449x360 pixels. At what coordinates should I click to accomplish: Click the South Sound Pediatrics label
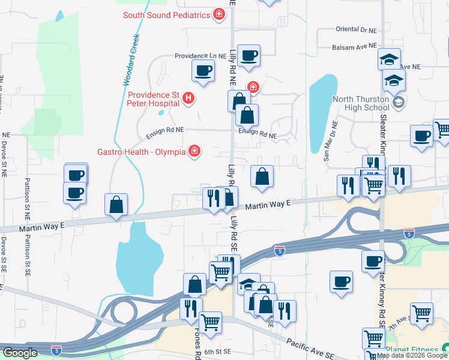point(166,14)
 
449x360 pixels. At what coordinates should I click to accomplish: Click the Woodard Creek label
point(131,60)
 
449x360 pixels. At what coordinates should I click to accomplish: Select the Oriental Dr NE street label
point(356,29)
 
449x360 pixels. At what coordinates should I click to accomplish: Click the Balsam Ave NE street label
point(354,46)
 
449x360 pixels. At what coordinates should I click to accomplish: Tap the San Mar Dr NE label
point(331,141)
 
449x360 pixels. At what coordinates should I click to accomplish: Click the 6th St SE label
point(217,352)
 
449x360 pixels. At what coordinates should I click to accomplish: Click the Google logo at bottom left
point(20,352)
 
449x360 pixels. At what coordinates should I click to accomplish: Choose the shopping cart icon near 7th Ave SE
point(422,313)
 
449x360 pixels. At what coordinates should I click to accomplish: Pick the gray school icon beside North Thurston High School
point(398,103)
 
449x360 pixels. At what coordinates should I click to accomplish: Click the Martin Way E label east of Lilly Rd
point(268,205)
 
